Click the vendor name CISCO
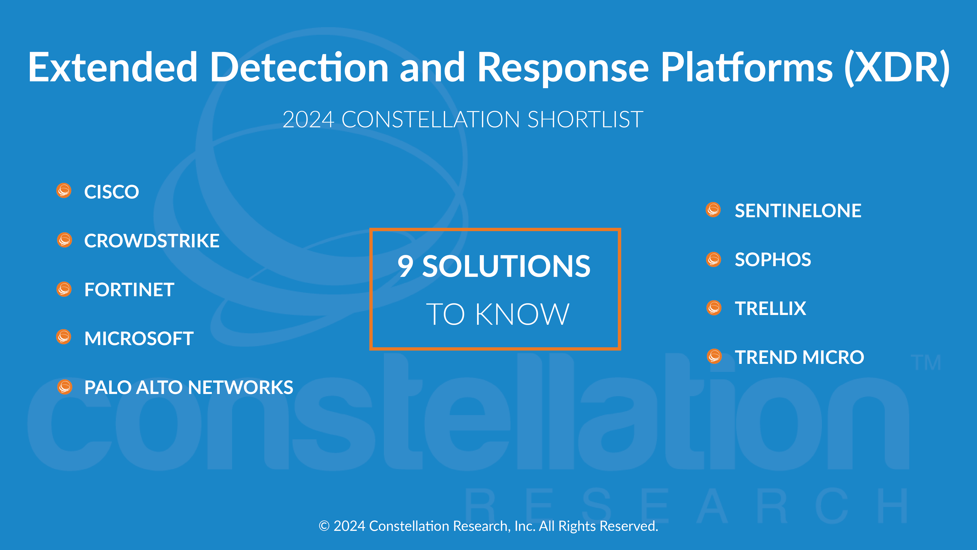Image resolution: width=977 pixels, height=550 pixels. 112,192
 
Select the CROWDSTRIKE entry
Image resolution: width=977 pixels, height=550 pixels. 152,241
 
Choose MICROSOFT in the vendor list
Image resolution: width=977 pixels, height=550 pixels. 139,339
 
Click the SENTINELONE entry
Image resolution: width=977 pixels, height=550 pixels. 798,211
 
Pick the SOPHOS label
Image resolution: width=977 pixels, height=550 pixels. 773,260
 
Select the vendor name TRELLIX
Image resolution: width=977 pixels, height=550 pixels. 770,308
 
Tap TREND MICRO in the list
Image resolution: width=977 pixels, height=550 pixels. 799,357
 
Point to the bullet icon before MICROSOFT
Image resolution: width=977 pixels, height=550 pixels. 64,337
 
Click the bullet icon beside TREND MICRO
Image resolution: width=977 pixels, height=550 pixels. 715,356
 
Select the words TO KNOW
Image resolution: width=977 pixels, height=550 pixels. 498,314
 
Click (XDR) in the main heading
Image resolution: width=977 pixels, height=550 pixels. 897,68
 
